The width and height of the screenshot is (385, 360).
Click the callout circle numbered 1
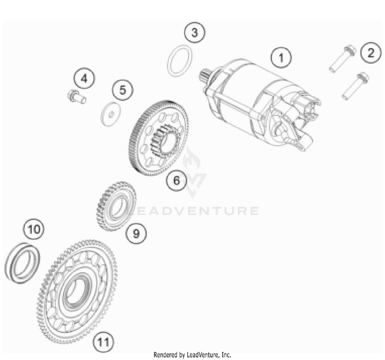281,58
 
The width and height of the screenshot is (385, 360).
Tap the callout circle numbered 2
371,52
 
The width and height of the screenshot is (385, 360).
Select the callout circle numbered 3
195,32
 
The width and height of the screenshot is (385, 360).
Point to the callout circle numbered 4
84,79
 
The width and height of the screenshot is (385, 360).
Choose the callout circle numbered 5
123,90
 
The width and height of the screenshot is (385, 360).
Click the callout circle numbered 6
177,180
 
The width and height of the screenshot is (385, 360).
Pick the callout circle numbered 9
136,233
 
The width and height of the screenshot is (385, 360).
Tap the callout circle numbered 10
34,230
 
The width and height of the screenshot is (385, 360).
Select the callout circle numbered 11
103,342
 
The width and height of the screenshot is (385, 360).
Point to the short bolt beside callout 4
76,97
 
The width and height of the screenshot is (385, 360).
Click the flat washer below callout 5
111,114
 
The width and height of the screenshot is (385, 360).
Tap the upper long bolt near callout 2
342,59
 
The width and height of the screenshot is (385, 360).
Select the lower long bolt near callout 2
356,86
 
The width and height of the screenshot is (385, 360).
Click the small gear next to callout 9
116,206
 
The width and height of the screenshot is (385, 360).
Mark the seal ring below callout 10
22,263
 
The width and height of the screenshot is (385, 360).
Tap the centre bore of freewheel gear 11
75,291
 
